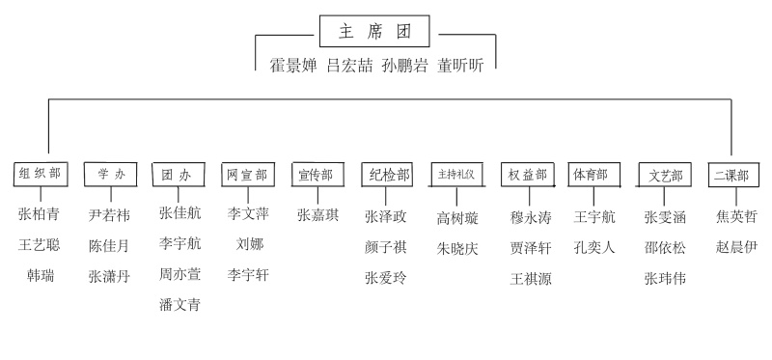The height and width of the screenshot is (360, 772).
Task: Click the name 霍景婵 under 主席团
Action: tap(293, 66)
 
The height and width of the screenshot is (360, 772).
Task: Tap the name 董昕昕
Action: tap(461, 66)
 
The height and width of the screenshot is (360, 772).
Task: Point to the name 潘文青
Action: tap(179, 304)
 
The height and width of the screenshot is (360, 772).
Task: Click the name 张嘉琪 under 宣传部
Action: tap(318, 215)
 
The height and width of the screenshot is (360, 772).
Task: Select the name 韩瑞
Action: tap(41, 276)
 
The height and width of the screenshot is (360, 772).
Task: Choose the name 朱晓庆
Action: tap(457, 249)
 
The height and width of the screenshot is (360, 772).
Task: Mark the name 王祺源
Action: tap(531, 279)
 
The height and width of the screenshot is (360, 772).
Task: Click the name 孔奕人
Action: tap(594, 247)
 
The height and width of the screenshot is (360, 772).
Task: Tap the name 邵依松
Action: tap(665, 248)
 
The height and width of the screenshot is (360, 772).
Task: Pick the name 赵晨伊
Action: tap(736, 247)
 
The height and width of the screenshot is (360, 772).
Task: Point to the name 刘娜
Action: tap(250, 244)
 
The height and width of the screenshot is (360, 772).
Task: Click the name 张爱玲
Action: tap(386, 278)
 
